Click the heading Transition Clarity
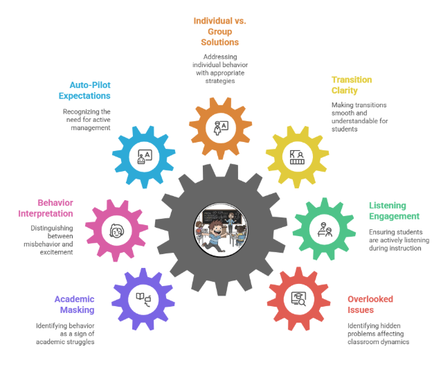352,84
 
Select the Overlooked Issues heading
370,304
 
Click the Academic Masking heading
74,305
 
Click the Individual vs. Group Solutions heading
219,31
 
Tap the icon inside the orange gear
221,129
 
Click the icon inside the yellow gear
297,157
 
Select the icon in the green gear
324,229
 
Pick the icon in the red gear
299,298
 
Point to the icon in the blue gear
144,157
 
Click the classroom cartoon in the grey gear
221,228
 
